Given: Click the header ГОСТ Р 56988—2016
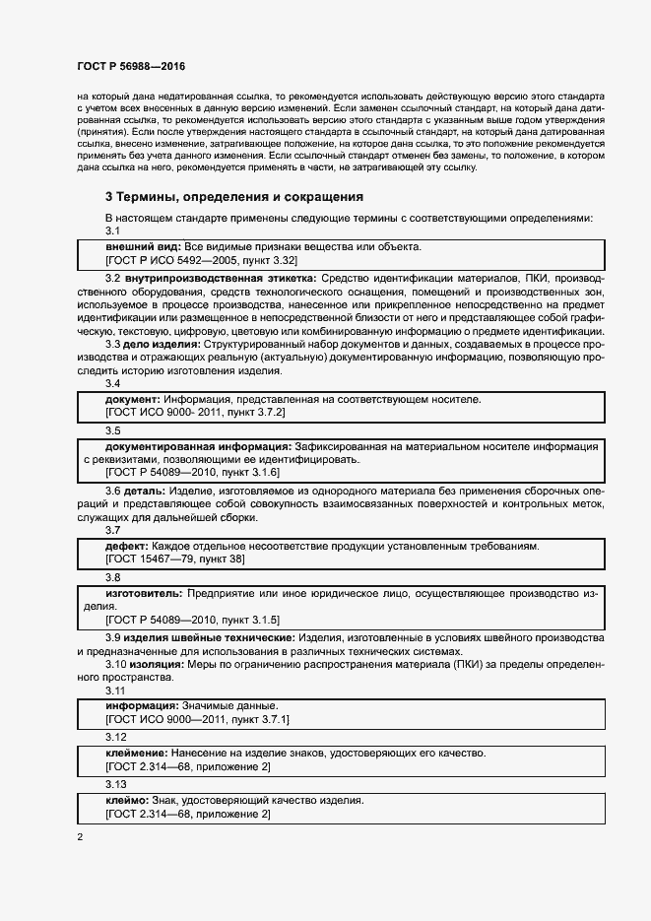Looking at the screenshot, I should tap(131, 66).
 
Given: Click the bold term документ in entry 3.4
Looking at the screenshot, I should tap(133, 399).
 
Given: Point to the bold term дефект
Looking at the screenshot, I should tap(127, 546).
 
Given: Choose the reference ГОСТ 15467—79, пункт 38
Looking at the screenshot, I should tap(175, 559).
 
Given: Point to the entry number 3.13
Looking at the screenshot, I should tap(116, 785).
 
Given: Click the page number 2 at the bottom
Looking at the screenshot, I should tap(80, 838).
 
